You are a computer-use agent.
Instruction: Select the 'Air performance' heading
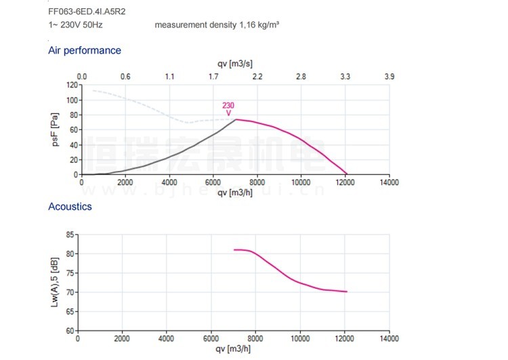click(85, 50)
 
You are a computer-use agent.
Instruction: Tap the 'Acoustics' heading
click(70, 206)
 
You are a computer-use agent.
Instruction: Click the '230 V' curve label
click(229, 108)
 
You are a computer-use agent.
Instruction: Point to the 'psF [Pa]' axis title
click(56, 129)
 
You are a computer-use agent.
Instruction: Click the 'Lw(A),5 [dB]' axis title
click(56, 282)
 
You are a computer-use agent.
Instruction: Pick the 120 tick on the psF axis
click(72, 85)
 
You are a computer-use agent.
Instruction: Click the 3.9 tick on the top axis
click(389, 77)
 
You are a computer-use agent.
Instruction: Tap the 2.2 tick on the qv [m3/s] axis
click(257, 77)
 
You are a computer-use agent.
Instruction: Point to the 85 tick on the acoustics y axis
click(69, 235)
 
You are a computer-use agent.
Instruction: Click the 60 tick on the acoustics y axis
click(69, 331)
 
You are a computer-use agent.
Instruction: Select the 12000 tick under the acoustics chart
click(345, 338)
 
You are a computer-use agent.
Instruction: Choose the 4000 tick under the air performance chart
click(169, 182)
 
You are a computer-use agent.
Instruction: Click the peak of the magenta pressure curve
click(236, 119)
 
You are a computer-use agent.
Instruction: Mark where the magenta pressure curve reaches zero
click(347, 174)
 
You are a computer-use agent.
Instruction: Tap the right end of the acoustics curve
click(347, 292)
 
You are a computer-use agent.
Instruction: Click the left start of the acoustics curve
click(234, 250)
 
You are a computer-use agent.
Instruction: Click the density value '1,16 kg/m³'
click(259, 25)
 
